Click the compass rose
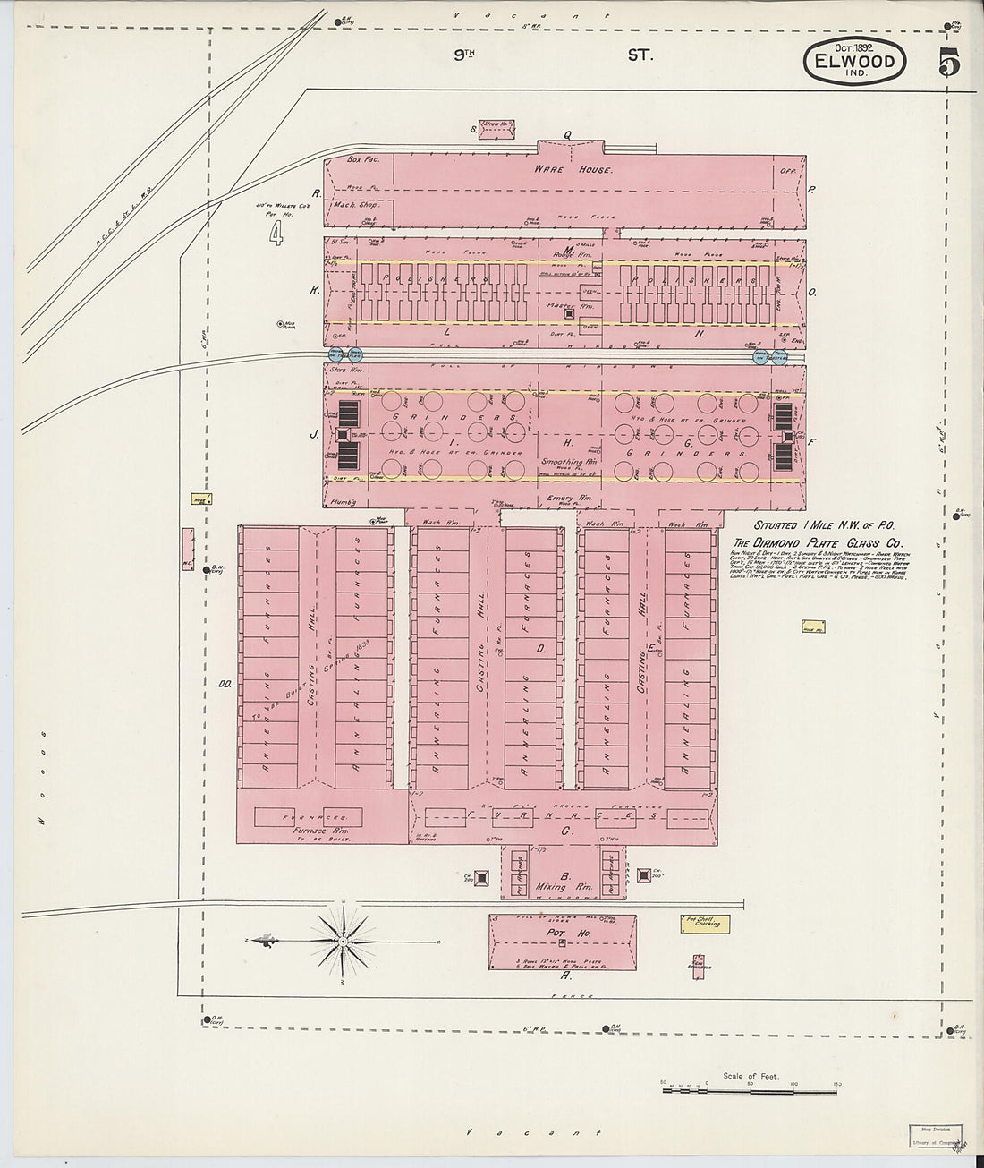pyautogui.click(x=343, y=941)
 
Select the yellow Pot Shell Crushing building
pyautogui.click(x=704, y=923)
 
